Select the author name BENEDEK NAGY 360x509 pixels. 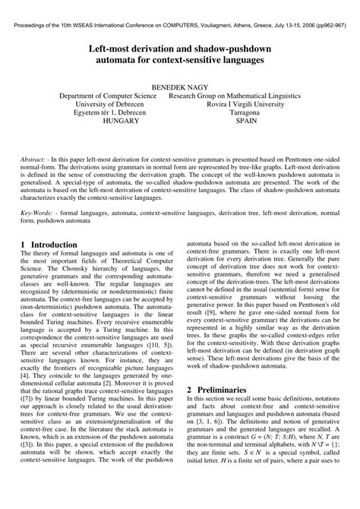pyautogui.click(x=179, y=87)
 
